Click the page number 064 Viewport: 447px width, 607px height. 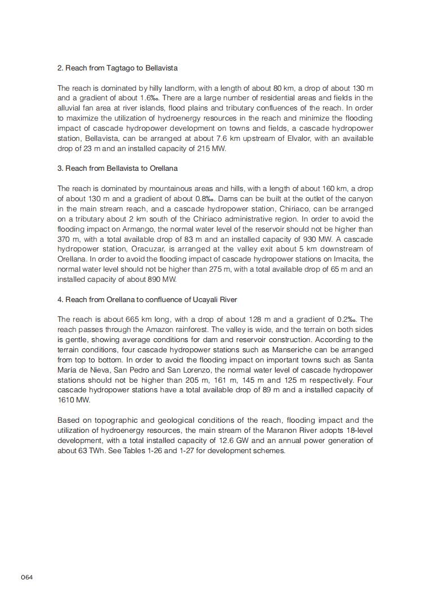coord(27,577)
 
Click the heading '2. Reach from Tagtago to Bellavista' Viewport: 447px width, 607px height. coord(117,68)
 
